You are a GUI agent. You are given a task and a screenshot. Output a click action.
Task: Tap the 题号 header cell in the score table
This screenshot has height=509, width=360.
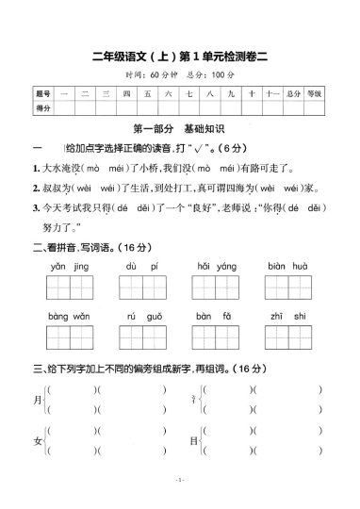[42, 95]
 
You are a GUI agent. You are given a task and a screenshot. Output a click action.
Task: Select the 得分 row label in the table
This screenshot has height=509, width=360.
[42, 109]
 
